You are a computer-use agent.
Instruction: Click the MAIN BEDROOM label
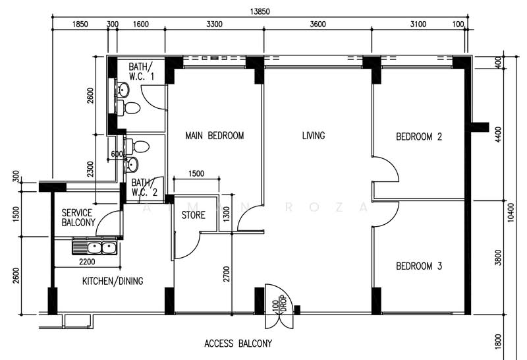click(215, 136)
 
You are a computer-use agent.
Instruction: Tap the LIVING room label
click(314, 136)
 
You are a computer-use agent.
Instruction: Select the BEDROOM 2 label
click(419, 136)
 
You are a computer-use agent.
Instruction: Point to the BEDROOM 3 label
click(419, 266)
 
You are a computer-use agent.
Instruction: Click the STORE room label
click(193, 215)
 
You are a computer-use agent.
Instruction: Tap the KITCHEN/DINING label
click(113, 281)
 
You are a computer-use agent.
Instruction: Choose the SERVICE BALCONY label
click(78, 218)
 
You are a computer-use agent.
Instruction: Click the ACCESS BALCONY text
click(238, 344)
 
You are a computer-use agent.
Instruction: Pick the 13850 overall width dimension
click(260, 12)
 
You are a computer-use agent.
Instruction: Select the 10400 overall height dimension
click(511, 212)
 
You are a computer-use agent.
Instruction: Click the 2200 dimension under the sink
click(87, 262)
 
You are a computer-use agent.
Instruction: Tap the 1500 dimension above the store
click(196, 173)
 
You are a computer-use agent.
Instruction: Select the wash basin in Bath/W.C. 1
click(123, 90)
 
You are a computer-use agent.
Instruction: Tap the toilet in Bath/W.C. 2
click(138, 147)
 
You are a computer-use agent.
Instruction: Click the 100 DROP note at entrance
click(279, 305)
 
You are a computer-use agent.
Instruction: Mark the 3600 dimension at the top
click(318, 24)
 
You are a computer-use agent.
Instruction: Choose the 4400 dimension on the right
click(499, 135)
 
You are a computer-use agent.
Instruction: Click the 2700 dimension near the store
click(227, 274)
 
